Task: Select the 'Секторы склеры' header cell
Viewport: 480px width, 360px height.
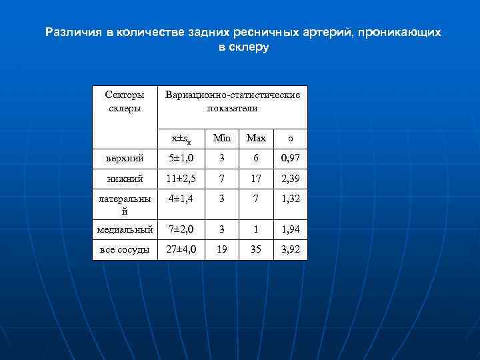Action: click(125, 101)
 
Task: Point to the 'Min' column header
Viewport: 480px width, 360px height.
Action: click(221, 138)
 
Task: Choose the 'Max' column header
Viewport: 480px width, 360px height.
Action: click(256, 138)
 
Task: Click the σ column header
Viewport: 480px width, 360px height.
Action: click(290, 138)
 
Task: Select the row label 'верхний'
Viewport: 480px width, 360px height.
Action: click(125, 159)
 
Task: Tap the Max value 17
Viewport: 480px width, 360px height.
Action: click(256, 179)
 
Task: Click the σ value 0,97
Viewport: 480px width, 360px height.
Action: click(291, 159)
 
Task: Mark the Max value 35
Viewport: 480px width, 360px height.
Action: click(256, 249)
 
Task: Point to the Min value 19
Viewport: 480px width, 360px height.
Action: click(221, 249)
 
